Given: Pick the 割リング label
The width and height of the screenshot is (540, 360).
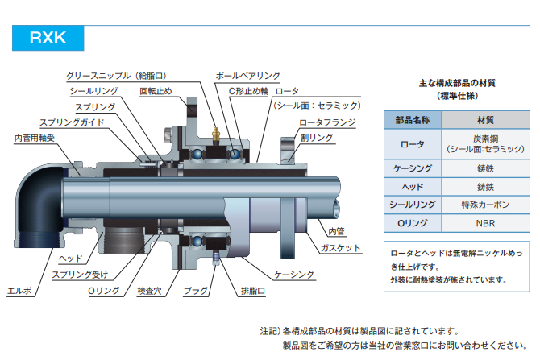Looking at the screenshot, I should (x=316, y=139).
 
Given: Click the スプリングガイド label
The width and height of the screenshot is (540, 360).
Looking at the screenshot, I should (x=72, y=122).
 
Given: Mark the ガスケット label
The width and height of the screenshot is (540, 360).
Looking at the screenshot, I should (x=340, y=248).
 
